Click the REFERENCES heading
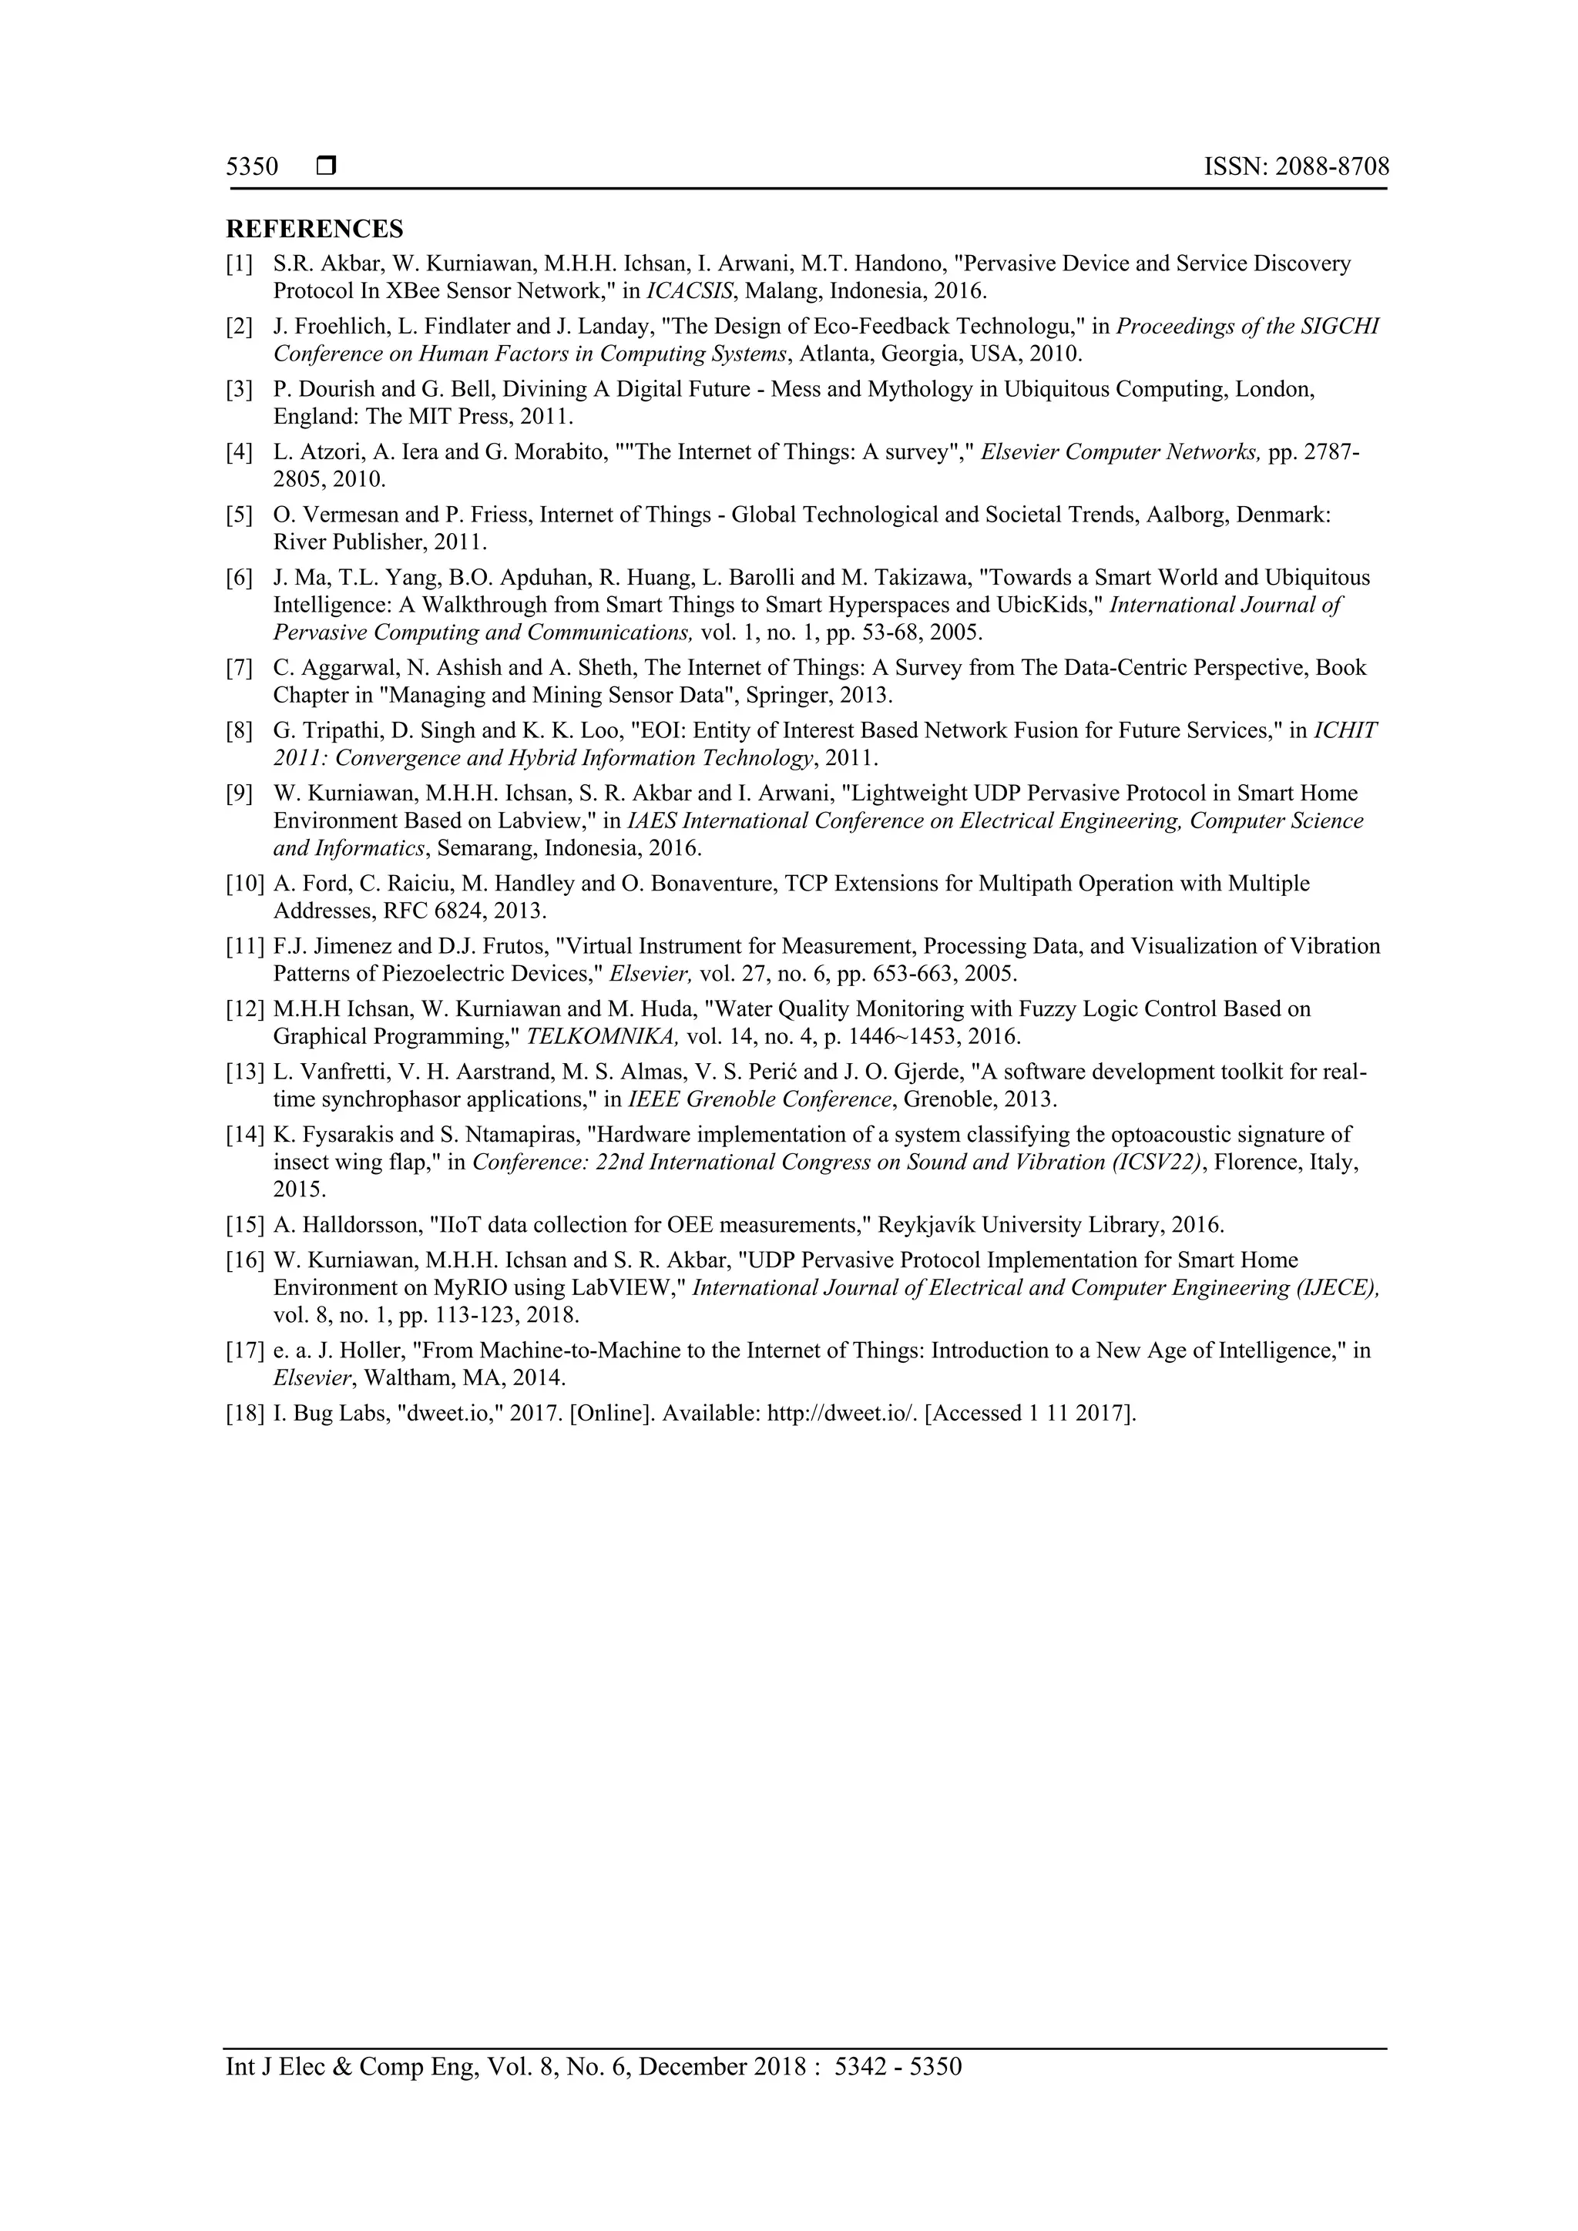[x=314, y=230]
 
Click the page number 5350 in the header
[x=252, y=167]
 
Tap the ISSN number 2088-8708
[x=1332, y=167]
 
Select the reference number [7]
[x=239, y=668]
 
